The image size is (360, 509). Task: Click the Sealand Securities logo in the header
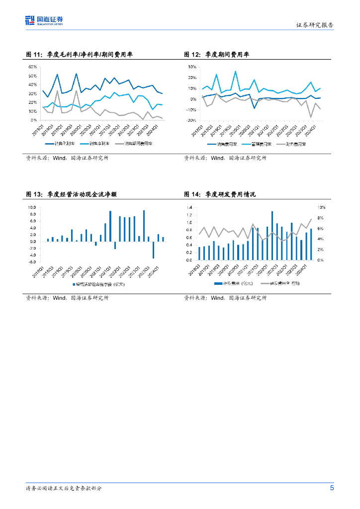tap(44, 20)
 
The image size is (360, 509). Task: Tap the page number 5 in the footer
tap(332, 488)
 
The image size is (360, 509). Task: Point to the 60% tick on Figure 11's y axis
tap(32, 67)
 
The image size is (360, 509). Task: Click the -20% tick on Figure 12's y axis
tap(191, 120)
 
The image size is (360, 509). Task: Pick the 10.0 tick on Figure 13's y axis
tap(32, 207)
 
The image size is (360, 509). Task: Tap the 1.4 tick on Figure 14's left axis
tap(189, 207)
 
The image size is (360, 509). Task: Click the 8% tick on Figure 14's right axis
tap(322, 218)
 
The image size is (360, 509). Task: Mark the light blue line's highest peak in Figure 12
tap(235, 72)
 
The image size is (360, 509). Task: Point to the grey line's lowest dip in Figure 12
tap(311, 117)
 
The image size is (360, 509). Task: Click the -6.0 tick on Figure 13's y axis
tap(32, 261)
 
